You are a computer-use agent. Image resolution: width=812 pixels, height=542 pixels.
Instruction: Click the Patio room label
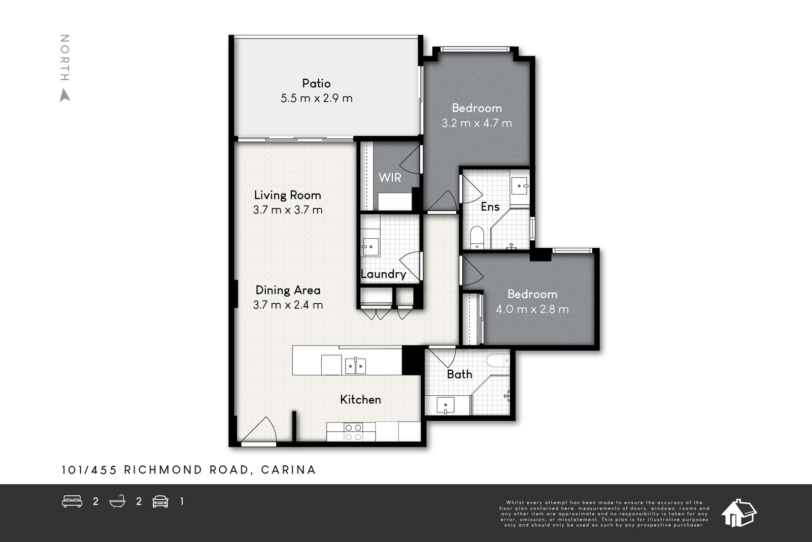(317, 83)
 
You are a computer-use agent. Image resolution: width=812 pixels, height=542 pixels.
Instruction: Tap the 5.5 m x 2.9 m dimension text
(317, 99)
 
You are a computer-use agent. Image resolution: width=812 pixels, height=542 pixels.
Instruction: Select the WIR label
(390, 177)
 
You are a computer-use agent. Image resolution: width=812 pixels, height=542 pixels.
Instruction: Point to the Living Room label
(287, 195)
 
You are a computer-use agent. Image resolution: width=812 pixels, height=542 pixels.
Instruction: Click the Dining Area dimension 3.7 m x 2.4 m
(288, 305)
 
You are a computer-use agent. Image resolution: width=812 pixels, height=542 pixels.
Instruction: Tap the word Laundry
(384, 274)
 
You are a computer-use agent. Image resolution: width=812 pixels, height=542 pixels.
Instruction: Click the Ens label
(490, 207)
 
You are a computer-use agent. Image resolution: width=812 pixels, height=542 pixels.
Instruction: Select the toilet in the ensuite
(477, 238)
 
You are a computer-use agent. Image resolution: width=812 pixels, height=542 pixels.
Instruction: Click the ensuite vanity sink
(520, 186)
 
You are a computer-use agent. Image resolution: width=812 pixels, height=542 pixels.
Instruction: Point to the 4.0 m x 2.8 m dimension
(532, 309)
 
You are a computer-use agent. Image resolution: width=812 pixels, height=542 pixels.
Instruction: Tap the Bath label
(460, 374)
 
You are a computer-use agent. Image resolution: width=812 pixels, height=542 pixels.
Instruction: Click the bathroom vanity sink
(446, 405)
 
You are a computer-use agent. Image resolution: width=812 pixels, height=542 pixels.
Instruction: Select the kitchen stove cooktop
(353, 432)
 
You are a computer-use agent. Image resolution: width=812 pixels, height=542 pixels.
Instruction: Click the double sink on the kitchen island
(355, 366)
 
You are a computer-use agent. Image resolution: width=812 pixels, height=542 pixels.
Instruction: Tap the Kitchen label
(361, 400)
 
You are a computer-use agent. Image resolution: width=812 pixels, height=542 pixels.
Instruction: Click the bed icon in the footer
(72, 501)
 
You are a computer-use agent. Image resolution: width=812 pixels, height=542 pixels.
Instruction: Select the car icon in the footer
(160, 501)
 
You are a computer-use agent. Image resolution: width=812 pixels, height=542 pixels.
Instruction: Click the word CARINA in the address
(289, 470)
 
